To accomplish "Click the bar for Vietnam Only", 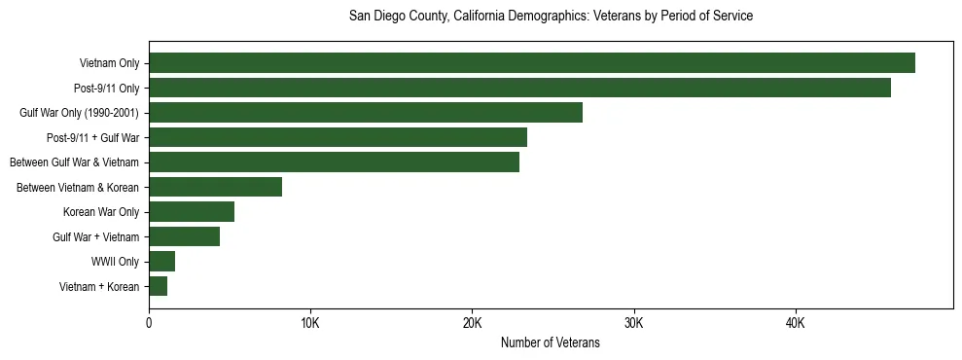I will (x=532, y=63).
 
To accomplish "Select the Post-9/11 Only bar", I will (x=519, y=88).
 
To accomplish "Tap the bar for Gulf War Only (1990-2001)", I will (x=366, y=113).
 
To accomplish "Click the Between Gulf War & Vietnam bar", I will (x=334, y=162).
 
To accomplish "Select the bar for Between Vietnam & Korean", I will (x=215, y=187).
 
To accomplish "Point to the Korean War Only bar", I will (x=192, y=212).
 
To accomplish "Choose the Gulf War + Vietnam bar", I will (x=184, y=236).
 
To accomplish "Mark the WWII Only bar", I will (x=161, y=261).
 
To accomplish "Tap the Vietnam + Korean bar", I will (x=158, y=286).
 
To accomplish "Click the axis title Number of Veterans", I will (x=550, y=343).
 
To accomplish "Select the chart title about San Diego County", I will (x=551, y=17).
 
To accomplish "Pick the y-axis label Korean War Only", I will (x=101, y=212).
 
